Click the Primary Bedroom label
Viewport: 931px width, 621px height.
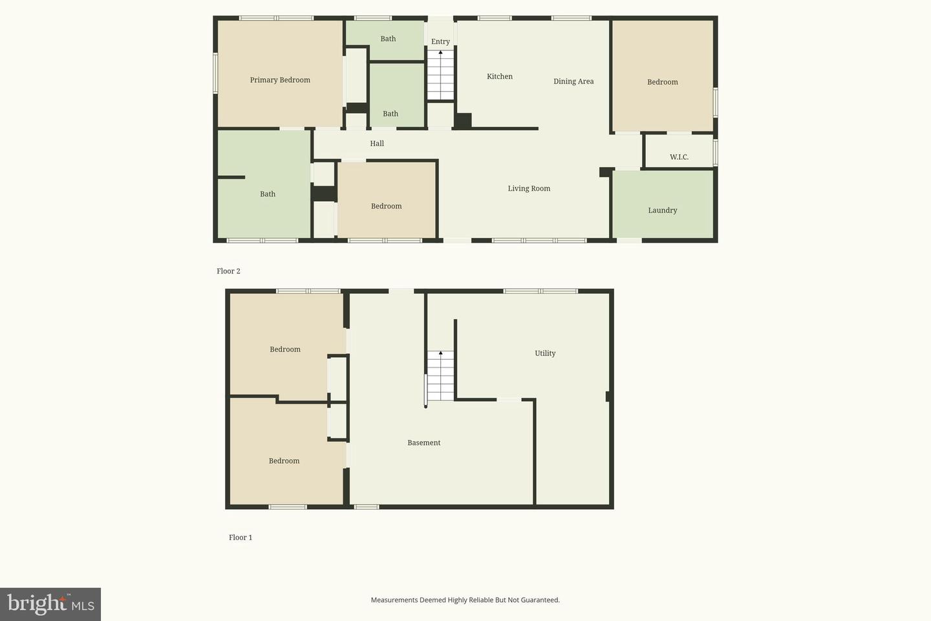280,80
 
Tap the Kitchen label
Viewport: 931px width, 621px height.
500,76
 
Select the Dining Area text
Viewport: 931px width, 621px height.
573,82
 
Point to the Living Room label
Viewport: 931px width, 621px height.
529,188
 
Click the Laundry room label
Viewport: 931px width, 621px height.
663,210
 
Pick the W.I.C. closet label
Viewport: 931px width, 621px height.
679,157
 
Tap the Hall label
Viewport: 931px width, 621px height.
377,144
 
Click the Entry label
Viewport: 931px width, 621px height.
440,41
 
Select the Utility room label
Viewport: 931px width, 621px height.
545,353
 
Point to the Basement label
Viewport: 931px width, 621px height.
424,442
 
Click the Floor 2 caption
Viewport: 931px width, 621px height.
229,271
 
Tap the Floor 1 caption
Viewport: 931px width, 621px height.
241,538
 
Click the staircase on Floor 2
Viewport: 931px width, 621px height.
440,75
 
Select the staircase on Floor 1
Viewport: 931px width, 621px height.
440,376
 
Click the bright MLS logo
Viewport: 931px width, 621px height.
50,604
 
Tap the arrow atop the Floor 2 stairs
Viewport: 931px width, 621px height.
440,52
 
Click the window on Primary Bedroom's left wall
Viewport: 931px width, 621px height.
215,73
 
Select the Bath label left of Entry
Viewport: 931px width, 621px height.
388,39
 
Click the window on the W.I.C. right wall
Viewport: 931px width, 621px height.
715,153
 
